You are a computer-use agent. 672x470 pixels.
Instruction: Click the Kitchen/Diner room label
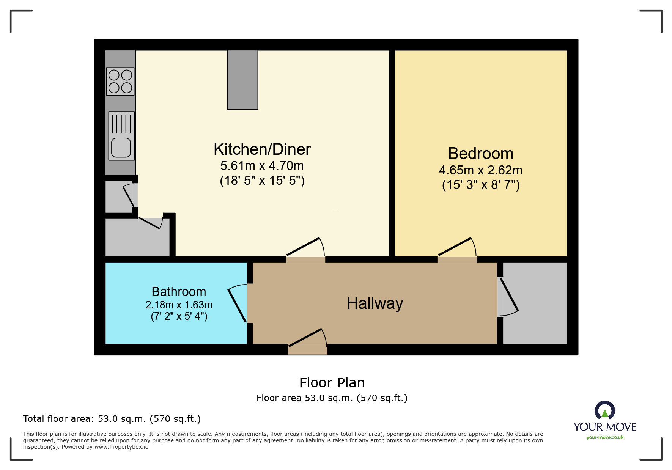(x=262, y=149)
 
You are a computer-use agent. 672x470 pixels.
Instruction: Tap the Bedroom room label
(x=480, y=154)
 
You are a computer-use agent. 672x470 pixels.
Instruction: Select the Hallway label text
(x=375, y=303)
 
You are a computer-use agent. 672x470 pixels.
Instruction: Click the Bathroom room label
(x=179, y=291)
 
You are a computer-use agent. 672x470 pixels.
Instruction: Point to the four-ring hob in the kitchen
(x=120, y=81)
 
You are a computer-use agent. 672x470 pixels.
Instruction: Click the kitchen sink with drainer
(x=121, y=136)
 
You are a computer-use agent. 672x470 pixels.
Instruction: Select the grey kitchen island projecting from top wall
(x=242, y=80)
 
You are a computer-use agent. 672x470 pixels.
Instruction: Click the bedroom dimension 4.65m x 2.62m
(x=480, y=170)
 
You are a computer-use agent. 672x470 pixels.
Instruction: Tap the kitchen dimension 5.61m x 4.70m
(x=262, y=166)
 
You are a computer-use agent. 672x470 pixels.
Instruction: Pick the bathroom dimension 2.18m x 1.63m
(x=179, y=305)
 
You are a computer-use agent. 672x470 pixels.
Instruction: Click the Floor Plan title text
(x=332, y=383)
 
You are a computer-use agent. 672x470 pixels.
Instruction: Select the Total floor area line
(x=112, y=419)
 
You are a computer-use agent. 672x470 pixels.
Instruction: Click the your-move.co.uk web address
(x=605, y=437)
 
